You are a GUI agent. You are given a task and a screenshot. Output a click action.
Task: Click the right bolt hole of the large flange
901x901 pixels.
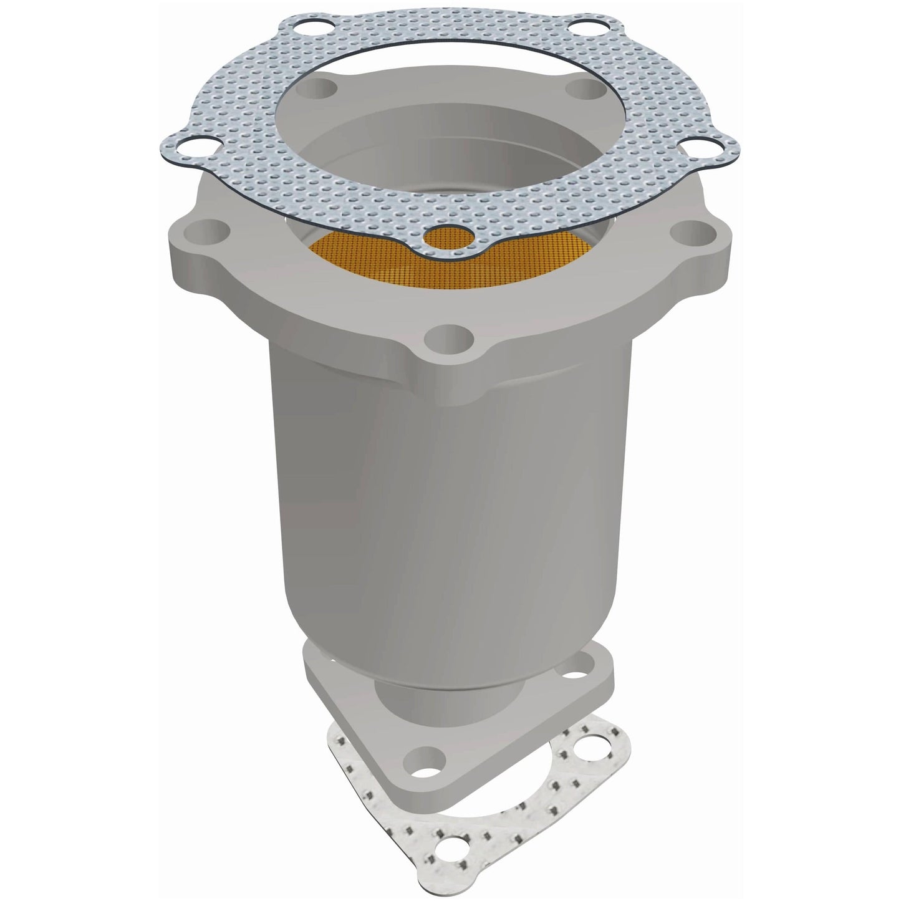690,233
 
